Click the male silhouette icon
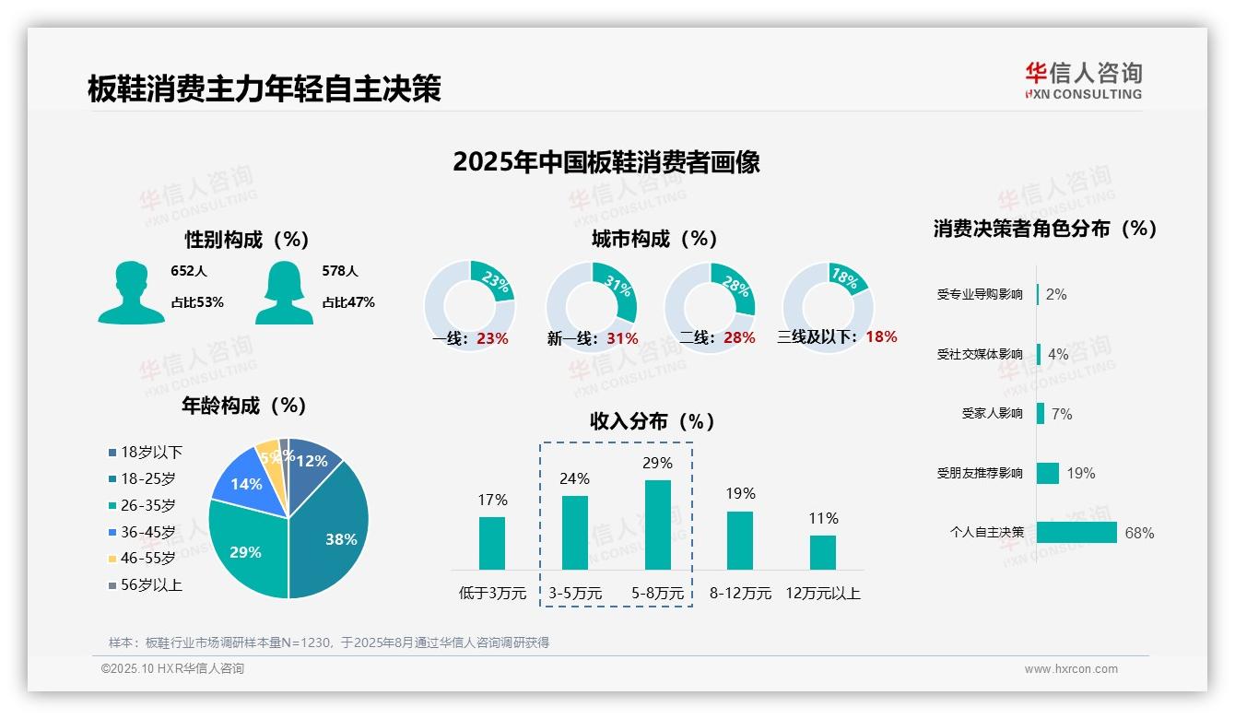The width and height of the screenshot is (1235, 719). pyautogui.click(x=131, y=292)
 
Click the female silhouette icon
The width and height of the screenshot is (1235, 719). pyautogui.click(x=284, y=292)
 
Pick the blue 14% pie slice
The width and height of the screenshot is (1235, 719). pyautogui.click(x=244, y=482)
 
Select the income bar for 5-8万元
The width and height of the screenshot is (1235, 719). pyautogui.click(x=657, y=525)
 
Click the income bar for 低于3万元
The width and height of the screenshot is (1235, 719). pyautogui.click(x=492, y=543)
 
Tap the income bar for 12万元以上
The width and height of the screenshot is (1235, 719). pyautogui.click(x=822, y=552)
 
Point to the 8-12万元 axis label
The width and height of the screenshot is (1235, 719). pyautogui.click(x=740, y=594)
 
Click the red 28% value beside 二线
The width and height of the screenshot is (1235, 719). pyautogui.click(x=739, y=338)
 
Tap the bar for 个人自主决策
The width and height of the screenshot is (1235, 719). pyautogui.click(x=1076, y=533)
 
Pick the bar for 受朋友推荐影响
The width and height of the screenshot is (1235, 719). pyautogui.click(x=1048, y=473)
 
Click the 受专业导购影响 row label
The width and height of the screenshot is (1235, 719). pyautogui.click(x=979, y=295)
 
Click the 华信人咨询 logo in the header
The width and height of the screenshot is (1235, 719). pyautogui.click(x=1083, y=80)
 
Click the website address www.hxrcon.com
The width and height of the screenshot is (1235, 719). pyautogui.click(x=1070, y=669)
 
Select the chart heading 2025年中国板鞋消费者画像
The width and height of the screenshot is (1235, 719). pyautogui.click(x=606, y=162)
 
